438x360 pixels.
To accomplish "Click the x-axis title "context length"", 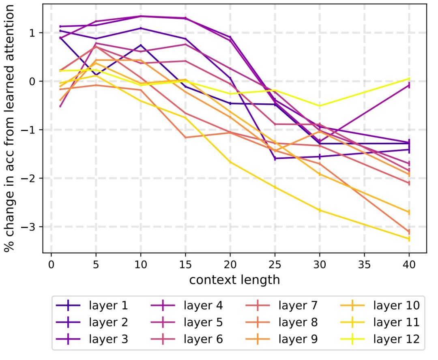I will (x=234, y=279).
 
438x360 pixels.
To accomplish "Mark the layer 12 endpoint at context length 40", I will (x=409, y=79).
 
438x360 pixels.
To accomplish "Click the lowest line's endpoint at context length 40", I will (x=409, y=239).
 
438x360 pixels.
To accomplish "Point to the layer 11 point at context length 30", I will (x=320, y=210).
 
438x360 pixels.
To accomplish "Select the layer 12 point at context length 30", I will (x=320, y=106).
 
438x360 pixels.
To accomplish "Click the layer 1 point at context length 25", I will (x=275, y=159).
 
